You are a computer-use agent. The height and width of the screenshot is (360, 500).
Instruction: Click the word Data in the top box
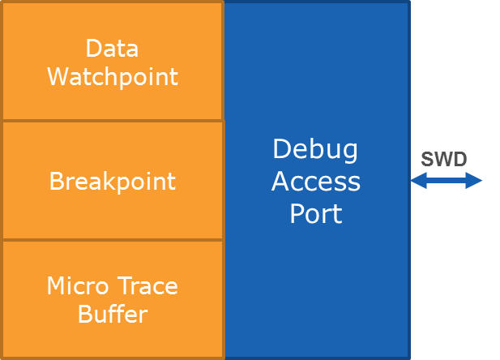(112, 49)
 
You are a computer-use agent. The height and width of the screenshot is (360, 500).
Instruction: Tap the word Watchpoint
(112, 77)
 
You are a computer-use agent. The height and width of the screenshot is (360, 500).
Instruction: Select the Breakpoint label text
(112, 181)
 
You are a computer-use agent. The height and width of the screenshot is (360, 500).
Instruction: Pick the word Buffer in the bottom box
(112, 314)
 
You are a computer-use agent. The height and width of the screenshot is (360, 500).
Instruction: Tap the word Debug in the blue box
(315, 149)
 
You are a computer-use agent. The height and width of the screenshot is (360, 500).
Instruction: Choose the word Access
(315, 182)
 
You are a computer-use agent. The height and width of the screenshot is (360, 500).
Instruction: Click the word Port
(315, 214)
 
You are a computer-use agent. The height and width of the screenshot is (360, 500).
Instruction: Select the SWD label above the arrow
(444, 159)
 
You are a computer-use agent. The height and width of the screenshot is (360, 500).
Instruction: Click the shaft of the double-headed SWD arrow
(446, 181)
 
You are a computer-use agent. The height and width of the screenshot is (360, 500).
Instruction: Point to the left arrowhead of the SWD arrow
(417, 181)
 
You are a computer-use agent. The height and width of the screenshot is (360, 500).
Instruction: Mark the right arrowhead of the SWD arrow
(476, 181)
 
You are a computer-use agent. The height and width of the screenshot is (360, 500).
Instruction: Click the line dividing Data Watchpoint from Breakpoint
(112, 121)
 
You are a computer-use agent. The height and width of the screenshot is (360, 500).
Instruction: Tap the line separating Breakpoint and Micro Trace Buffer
(112, 240)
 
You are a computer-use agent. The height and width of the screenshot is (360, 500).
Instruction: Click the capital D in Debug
(281, 149)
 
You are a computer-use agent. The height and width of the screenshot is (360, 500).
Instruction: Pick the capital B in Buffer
(85, 314)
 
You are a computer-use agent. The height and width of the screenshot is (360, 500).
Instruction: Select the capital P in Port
(297, 214)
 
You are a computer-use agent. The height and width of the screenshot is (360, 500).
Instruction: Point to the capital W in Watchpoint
(57, 77)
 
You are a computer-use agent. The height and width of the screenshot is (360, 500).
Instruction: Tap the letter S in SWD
(427, 159)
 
